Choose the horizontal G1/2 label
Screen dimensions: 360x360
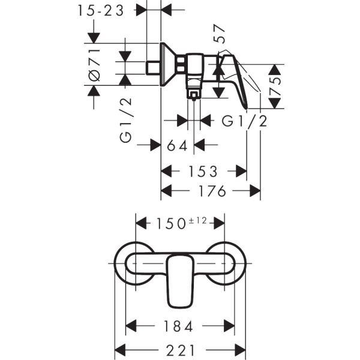(244, 121)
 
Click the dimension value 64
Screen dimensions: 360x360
(178, 145)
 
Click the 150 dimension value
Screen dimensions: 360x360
(171, 223)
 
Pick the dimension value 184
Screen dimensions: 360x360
(178, 327)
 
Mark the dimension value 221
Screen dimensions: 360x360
(179, 349)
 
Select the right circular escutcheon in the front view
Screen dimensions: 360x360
(227, 264)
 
